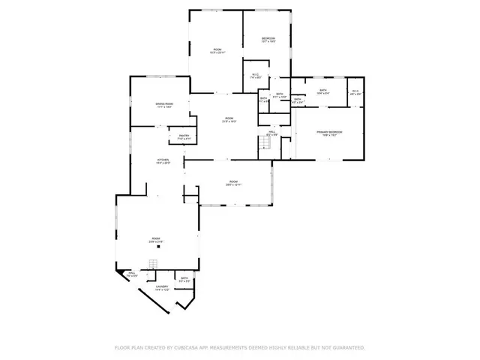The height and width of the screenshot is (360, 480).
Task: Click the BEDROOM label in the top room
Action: pos(268,38)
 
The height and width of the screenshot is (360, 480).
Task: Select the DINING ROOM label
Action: pos(164,103)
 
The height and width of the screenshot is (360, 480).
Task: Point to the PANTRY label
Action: pos(184,136)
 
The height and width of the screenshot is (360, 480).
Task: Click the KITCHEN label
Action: pos(163,160)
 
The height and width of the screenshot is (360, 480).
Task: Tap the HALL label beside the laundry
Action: pos(131,274)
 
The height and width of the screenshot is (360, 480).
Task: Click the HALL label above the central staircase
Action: pos(272,132)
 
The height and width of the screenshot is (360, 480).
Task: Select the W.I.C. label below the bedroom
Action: pos(256,74)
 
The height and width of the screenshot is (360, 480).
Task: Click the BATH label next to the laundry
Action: pos(184,278)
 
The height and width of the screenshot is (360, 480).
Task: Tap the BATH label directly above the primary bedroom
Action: pos(322,91)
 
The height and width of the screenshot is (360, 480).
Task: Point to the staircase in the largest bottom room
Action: pos(152,264)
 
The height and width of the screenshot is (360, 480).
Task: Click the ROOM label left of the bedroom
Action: pos(216,50)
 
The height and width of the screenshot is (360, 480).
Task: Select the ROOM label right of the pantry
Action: pos(228,118)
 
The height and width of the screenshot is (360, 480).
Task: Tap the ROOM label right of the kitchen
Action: pos(233,181)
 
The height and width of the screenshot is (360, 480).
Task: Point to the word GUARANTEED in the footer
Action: pos(347,348)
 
